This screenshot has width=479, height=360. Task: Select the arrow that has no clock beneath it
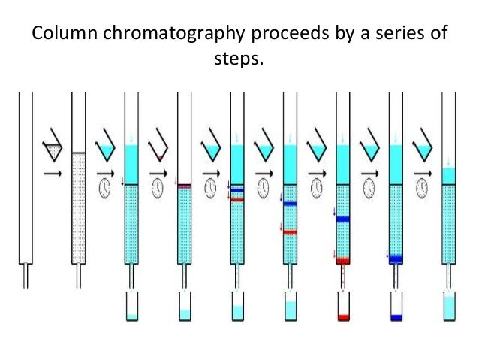point(52,174)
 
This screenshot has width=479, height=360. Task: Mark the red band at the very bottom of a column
point(344,261)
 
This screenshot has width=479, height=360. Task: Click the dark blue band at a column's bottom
point(397,258)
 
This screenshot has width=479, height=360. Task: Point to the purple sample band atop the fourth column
point(185,186)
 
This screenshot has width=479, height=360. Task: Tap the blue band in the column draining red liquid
point(344,219)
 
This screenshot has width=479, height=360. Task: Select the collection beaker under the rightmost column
point(450,307)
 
